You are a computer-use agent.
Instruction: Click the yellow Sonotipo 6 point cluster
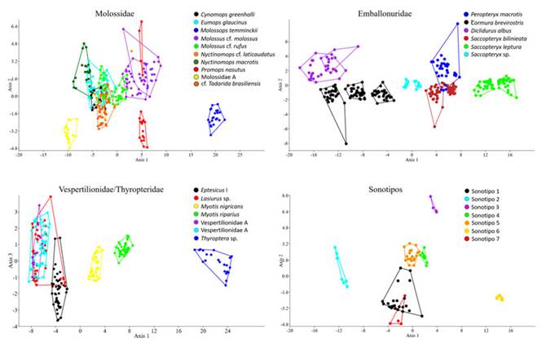pos(499,297)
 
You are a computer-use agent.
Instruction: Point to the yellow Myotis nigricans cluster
pos(95,263)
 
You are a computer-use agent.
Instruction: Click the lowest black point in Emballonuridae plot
pos(346,143)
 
